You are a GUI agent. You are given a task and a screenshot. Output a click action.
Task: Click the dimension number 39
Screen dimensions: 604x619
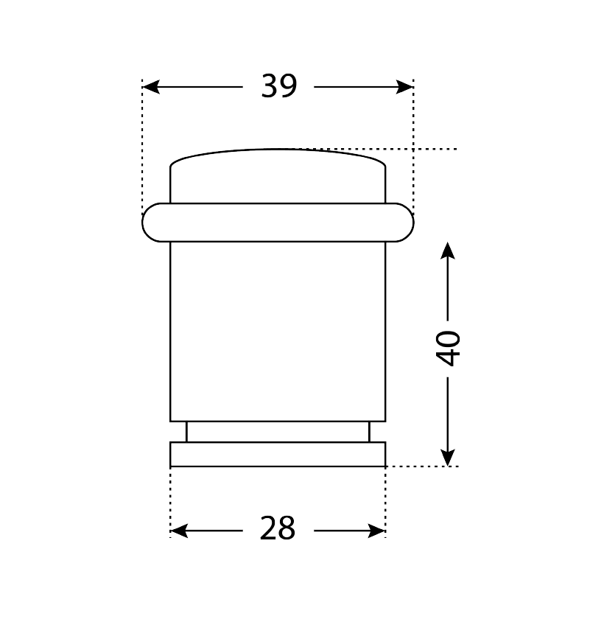(278, 86)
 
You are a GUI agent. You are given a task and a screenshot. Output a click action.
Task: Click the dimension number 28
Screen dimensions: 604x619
(278, 528)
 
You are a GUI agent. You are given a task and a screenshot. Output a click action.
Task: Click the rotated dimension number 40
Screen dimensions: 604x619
(448, 349)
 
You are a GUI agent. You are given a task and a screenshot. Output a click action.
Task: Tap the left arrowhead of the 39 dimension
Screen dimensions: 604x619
(151, 87)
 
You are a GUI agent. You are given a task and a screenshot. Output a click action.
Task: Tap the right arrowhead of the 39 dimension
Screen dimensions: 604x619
(404, 87)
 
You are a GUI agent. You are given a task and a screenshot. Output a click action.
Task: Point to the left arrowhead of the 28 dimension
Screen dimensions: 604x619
(179, 531)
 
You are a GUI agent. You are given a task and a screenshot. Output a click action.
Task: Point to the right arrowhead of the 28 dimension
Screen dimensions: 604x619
(376, 531)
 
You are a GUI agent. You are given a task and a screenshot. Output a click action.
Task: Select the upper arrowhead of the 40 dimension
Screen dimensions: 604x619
(447, 251)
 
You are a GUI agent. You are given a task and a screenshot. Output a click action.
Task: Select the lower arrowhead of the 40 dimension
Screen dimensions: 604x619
(447, 458)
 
